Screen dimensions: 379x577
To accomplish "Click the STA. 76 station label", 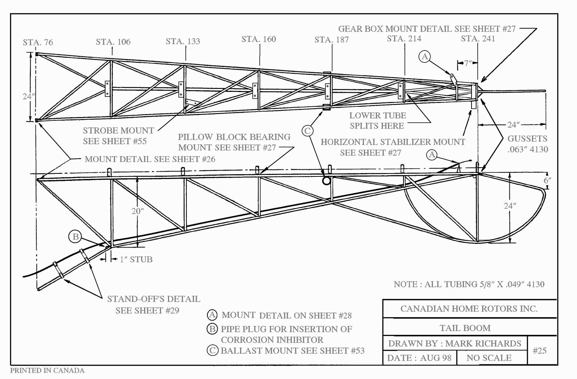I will (38, 42).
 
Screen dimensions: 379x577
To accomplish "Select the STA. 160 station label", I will (259, 39).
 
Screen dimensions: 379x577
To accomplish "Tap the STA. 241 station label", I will (478, 39).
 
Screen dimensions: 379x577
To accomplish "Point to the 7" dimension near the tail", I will (467, 63).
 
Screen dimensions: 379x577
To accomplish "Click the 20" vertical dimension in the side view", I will (138, 211).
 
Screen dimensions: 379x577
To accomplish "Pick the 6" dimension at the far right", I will (548, 180).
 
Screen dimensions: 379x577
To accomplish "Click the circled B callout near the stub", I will (75, 236).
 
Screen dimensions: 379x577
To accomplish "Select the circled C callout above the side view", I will (307, 131).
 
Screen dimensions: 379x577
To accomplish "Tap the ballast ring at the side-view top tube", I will (326, 180).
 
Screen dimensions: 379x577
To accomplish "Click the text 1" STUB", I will (136, 259).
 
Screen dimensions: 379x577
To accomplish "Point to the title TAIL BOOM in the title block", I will (465, 328).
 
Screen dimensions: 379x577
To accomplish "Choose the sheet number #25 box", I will (539, 351).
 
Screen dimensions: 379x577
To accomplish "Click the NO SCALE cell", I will (489, 358).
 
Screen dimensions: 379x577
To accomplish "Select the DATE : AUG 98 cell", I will (419, 358).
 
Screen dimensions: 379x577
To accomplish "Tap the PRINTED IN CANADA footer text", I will (47, 370).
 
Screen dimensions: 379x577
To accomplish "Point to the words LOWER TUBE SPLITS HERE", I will (377, 120).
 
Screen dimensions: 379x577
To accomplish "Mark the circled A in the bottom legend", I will (212, 315).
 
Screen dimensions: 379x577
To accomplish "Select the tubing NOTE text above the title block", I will (469, 284).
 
